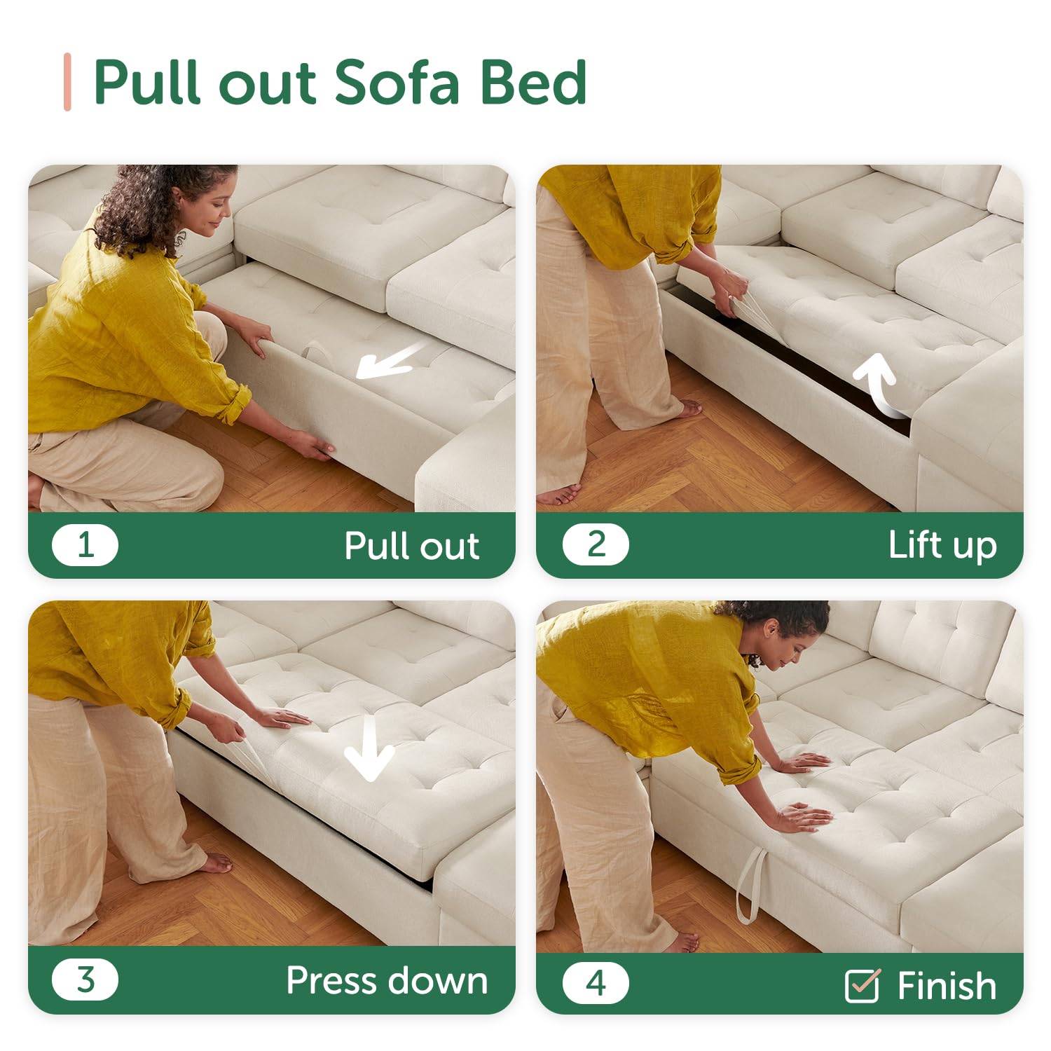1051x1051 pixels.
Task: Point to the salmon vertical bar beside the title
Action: pyautogui.click(x=67, y=82)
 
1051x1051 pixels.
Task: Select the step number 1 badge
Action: pyautogui.click(x=85, y=545)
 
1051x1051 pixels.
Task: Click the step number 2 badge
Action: pyautogui.click(x=596, y=544)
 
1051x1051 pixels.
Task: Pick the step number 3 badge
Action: pyautogui.click(x=85, y=980)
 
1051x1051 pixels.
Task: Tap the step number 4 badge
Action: pyautogui.click(x=596, y=983)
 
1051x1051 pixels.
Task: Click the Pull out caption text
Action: pyautogui.click(x=412, y=547)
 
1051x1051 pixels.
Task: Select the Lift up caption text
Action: pyautogui.click(x=942, y=546)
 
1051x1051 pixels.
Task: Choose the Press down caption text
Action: pyautogui.click(x=387, y=981)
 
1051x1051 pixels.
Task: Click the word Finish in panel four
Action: pyautogui.click(x=947, y=987)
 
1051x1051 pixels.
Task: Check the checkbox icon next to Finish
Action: pyautogui.click(x=863, y=985)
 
